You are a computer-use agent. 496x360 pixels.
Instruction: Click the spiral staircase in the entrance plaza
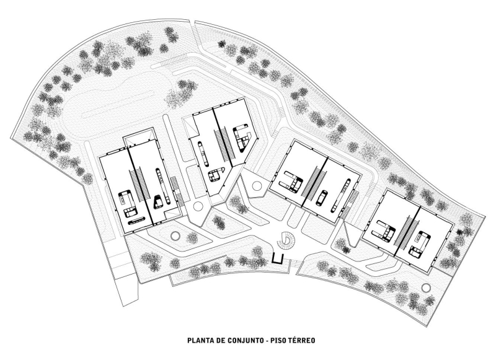click(288, 239)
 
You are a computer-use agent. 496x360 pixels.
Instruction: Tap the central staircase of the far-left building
click(141, 183)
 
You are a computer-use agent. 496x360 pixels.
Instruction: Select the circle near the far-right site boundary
click(425, 287)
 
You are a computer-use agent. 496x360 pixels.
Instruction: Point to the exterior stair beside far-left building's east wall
click(175, 190)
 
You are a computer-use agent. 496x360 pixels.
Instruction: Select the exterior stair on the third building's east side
click(354, 200)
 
